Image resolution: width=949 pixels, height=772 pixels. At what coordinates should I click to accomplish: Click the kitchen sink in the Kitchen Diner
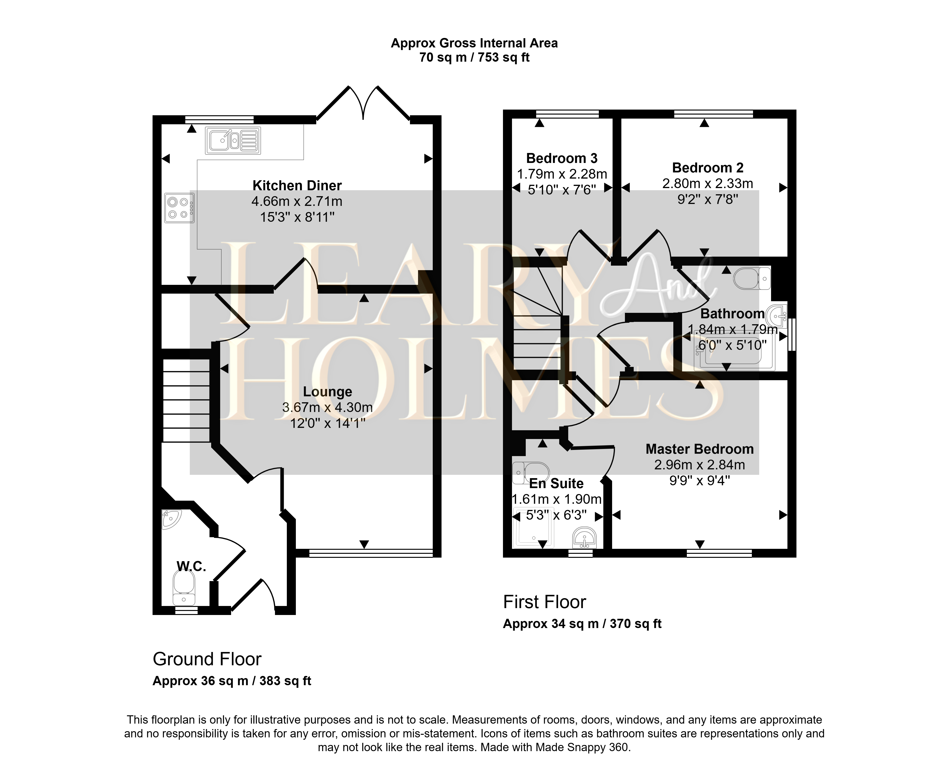point(233,140)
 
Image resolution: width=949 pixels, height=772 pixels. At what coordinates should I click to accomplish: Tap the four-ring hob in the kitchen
point(179,208)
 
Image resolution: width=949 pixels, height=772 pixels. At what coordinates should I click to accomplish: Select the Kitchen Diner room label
point(297,185)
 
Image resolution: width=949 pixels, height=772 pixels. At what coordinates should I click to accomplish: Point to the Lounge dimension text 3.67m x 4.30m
point(327,407)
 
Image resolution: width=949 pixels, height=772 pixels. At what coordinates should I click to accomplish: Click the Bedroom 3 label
point(562,158)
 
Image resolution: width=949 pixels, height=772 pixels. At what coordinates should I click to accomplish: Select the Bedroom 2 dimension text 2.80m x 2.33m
point(707,183)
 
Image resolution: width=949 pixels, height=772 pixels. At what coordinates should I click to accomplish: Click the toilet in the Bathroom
point(752,278)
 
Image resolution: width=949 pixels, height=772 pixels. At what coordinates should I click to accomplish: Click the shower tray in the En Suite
point(534,527)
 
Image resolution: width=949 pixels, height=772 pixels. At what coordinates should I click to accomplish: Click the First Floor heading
point(544,602)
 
